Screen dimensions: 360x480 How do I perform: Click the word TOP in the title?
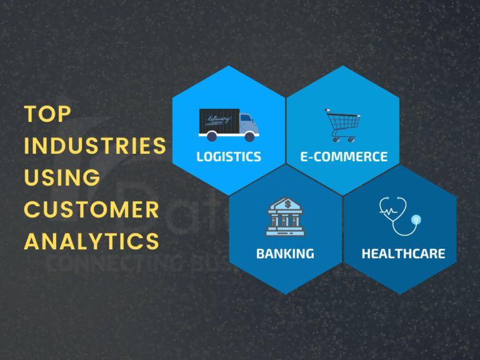(x=48, y=114)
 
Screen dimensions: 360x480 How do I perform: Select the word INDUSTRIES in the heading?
(x=95, y=146)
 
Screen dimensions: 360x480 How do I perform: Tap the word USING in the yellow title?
(x=62, y=177)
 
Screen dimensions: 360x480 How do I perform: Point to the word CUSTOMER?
(x=91, y=209)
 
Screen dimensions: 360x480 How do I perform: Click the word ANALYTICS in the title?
(x=91, y=241)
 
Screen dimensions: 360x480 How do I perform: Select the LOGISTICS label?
(x=229, y=156)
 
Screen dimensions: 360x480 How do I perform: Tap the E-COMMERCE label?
(x=344, y=156)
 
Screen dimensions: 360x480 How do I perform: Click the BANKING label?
(x=285, y=254)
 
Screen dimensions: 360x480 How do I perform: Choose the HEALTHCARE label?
(x=403, y=254)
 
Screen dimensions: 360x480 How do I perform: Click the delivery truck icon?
(x=228, y=124)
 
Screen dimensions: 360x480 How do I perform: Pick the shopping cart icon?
(x=341, y=124)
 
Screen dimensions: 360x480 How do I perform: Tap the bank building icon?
(x=286, y=218)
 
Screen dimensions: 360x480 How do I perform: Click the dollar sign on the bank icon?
(x=287, y=204)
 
